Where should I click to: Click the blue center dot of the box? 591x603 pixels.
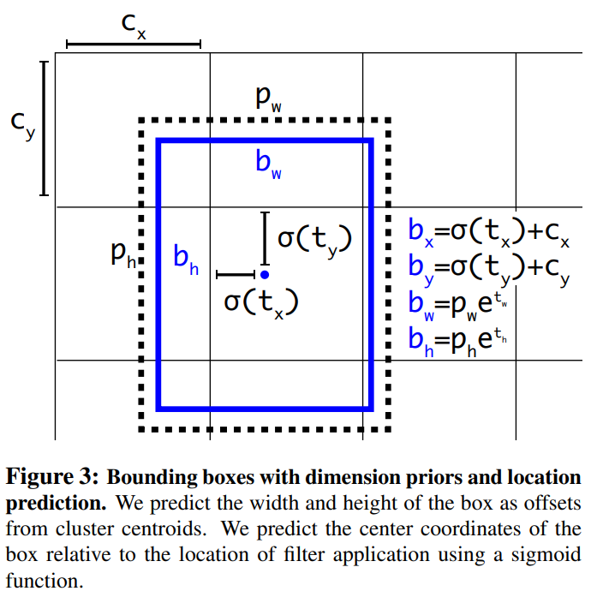point(265,274)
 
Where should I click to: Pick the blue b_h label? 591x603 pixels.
point(185,259)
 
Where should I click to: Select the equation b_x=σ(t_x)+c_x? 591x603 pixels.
point(489,231)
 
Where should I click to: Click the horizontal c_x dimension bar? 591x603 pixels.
point(133,43)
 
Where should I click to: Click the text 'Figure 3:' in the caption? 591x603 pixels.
point(50,477)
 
